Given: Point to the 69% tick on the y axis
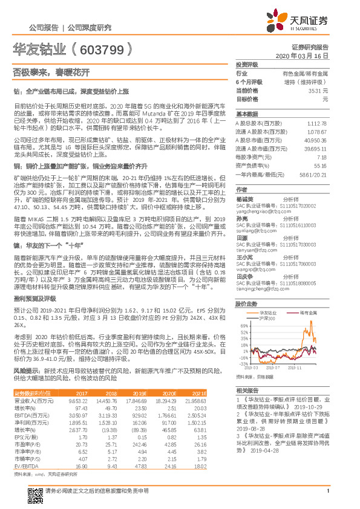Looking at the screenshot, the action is click(x=244, y=326).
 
